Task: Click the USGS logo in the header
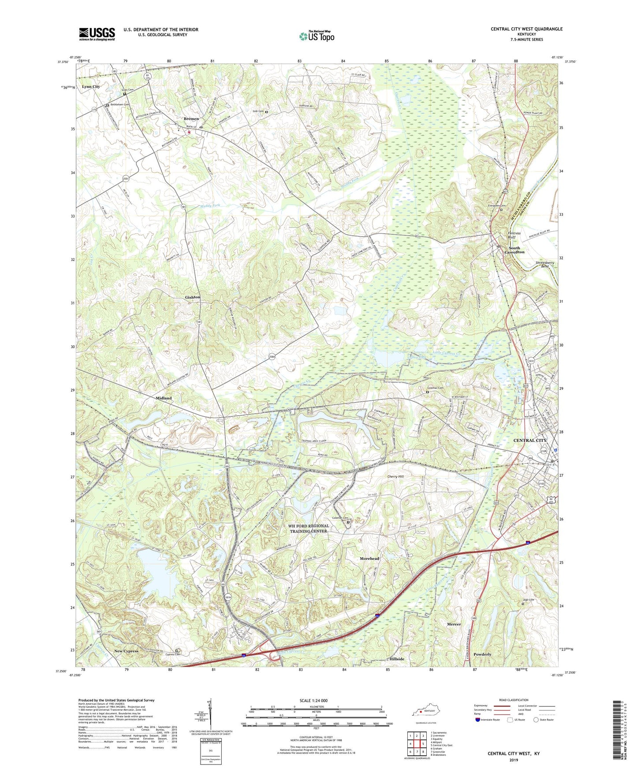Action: pos(97,34)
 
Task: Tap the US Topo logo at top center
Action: pos(317,36)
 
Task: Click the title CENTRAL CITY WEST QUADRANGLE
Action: pos(526,29)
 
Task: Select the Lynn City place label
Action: pos(91,87)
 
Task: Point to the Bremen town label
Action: pos(191,119)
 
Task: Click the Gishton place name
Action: pos(193,297)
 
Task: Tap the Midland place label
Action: pos(164,398)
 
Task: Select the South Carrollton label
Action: pos(514,250)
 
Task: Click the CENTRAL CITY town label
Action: pos(529,440)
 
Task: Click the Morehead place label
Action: pos(369,558)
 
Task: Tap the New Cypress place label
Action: pos(126,651)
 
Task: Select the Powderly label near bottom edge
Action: pos(482,654)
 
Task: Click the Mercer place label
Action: pos(454,625)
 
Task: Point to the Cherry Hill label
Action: pos(395,477)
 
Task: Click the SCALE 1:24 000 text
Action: pos(313,701)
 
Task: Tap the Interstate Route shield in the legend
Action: pos(478,720)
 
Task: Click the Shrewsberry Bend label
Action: pos(545,264)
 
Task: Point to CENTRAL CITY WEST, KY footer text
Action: pos(514,754)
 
